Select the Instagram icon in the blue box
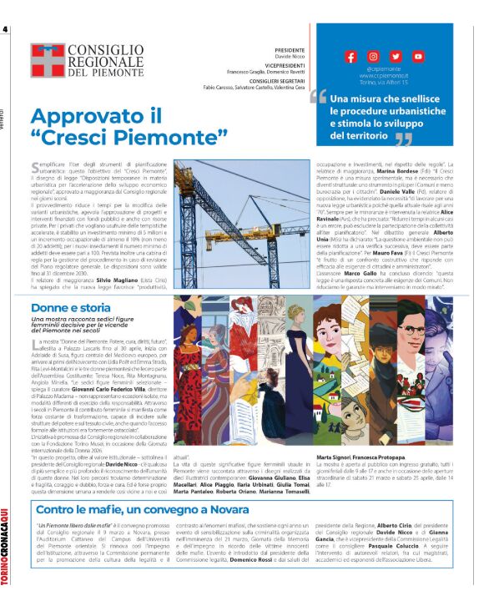(373, 56)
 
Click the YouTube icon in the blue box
(418, 56)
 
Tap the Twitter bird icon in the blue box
(396, 56)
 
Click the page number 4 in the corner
(6, 30)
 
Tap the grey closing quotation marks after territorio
(403, 138)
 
